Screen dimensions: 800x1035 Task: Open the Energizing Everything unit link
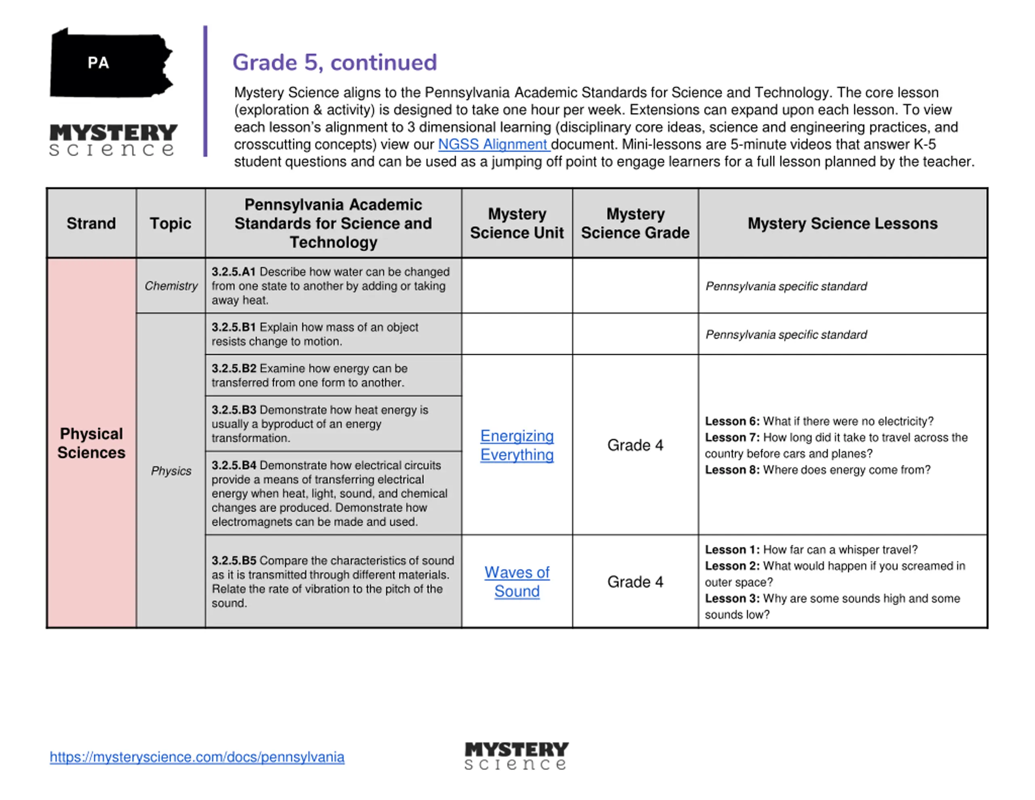click(x=517, y=445)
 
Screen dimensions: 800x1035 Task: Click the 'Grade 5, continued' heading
click(x=335, y=63)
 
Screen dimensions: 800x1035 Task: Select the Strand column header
click(x=91, y=223)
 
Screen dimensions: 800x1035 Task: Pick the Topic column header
click(x=171, y=223)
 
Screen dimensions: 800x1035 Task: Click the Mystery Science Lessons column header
click(x=842, y=223)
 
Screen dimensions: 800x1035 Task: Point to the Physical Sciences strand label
click(x=91, y=443)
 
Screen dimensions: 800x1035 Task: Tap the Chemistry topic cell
click(x=171, y=286)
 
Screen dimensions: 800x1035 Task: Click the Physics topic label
click(x=171, y=471)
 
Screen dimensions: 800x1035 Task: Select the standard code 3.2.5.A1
click(x=234, y=272)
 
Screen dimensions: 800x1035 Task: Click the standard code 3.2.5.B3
click(x=234, y=410)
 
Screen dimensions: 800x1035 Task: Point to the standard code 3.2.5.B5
click(x=234, y=561)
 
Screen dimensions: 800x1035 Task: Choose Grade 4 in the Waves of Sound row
click(x=635, y=582)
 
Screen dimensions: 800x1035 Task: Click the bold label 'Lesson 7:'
click(x=732, y=437)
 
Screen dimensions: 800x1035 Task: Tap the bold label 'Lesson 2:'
click(x=732, y=566)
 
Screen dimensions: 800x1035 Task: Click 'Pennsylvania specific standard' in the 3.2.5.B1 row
click(x=786, y=334)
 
